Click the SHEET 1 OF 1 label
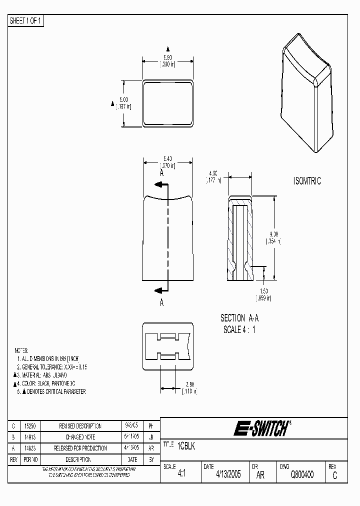point(26,21)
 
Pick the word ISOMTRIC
point(307,181)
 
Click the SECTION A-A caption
point(239,318)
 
